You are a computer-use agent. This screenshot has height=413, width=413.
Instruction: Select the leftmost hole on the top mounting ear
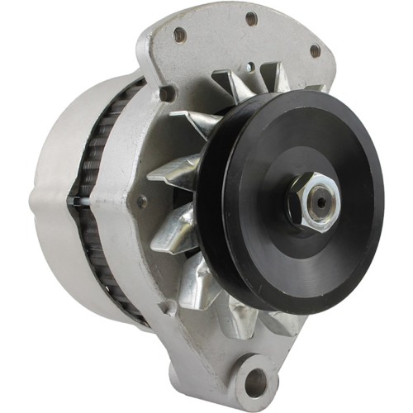(x=178, y=34)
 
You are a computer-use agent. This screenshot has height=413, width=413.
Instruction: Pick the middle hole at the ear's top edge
(x=251, y=18)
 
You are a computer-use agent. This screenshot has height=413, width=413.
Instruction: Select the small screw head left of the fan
(x=142, y=201)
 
